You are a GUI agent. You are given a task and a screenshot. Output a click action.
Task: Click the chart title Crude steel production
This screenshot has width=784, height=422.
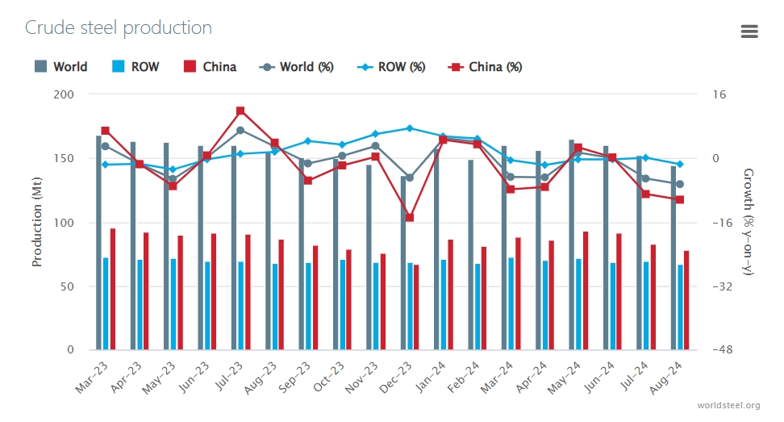click(119, 27)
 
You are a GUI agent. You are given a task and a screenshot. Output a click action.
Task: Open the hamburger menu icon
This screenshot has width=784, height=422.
click(749, 31)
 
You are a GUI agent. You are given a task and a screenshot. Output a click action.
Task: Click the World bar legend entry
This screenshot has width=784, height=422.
click(61, 67)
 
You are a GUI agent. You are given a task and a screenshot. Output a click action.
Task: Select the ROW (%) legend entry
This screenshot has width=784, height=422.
click(391, 67)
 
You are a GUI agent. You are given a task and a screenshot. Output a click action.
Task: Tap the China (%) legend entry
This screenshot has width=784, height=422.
click(485, 67)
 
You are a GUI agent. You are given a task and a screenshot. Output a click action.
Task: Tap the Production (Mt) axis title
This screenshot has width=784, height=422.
click(37, 223)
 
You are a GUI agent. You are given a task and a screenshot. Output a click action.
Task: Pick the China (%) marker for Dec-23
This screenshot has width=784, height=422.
click(410, 218)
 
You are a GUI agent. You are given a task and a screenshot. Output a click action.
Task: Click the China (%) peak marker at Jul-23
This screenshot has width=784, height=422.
click(240, 111)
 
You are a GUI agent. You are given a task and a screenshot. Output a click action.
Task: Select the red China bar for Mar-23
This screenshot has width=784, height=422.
click(113, 289)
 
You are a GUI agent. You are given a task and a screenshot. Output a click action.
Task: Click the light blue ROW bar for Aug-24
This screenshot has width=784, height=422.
click(680, 307)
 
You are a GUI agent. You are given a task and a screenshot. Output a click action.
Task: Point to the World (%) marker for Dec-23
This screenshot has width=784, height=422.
click(410, 178)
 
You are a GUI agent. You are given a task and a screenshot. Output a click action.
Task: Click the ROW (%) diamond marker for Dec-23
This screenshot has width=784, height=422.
click(410, 128)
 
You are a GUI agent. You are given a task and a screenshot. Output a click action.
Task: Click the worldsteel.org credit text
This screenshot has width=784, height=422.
click(729, 405)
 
